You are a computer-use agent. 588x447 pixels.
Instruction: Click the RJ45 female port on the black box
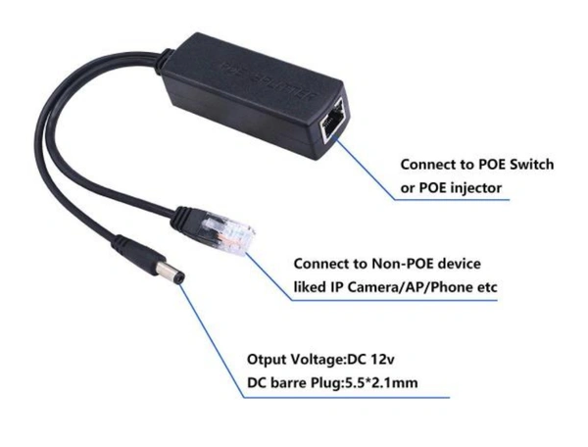point(332,121)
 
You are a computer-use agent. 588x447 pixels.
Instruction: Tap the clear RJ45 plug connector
point(227,233)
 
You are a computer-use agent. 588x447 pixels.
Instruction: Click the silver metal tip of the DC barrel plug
point(171,273)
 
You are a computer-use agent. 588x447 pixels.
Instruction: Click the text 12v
point(382,359)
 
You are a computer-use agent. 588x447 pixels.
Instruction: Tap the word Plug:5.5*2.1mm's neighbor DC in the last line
point(257,383)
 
